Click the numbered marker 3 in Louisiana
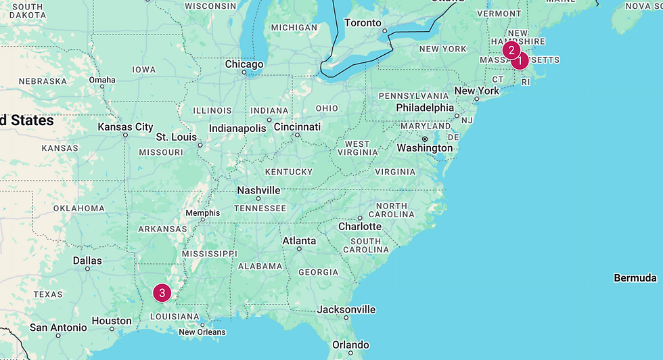click(162, 292)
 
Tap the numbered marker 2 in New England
click(511, 50)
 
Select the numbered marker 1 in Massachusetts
click(520, 61)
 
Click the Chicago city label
click(244, 64)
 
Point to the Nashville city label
click(258, 190)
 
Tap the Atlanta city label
click(299, 240)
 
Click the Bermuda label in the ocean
click(635, 278)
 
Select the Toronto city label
click(363, 22)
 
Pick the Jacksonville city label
click(346, 309)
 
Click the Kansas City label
click(126, 127)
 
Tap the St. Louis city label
click(177, 137)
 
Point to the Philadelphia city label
click(425, 108)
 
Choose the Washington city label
click(425, 148)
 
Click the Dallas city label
click(87, 261)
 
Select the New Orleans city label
click(202, 332)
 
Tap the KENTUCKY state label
click(289, 172)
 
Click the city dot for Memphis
click(203, 221)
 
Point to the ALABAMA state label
click(260, 266)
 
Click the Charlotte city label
click(360, 226)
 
